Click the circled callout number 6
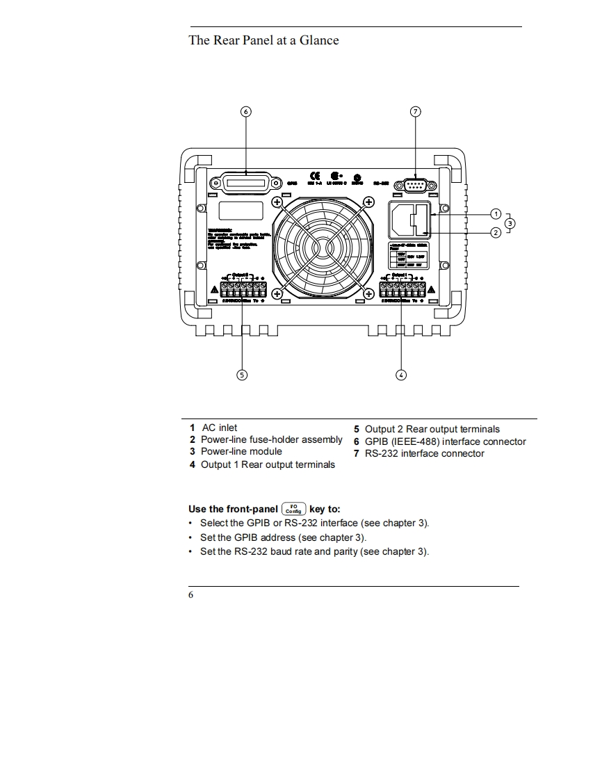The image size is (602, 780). (245, 111)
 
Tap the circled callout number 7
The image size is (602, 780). (416, 111)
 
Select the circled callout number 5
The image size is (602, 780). (242, 375)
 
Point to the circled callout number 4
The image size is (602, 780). (401, 375)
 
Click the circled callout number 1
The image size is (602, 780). (496, 213)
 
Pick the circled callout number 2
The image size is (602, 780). (496, 232)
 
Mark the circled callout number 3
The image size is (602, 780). (510, 223)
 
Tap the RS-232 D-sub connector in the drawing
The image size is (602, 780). (415, 185)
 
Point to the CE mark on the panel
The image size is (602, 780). (314, 175)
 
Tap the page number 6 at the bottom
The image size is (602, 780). (191, 595)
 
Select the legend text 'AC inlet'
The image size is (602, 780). (219, 428)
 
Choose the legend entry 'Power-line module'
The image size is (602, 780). (241, 451)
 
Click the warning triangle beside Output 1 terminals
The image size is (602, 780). (432, 289)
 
